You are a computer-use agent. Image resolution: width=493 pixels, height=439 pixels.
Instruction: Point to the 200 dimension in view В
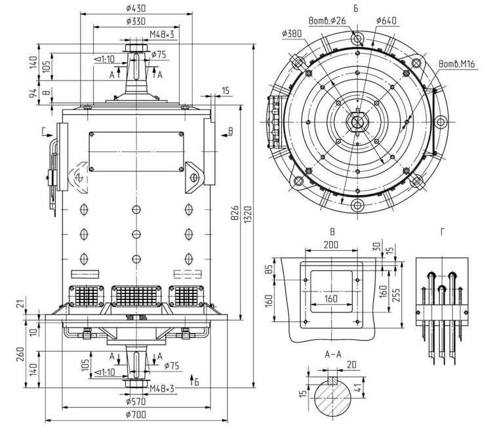330,244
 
